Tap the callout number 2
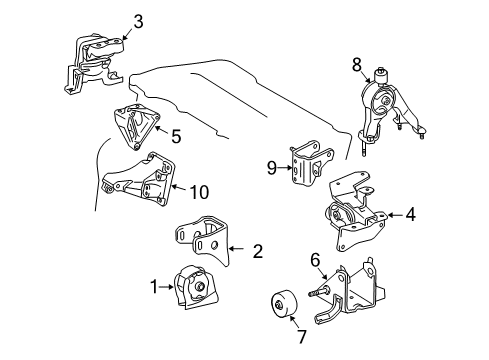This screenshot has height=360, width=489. click(257, 252)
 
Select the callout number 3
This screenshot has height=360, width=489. click(139, 21)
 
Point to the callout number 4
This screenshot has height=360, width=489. click(409, 213)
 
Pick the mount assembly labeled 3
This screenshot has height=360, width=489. click(97, 63)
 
